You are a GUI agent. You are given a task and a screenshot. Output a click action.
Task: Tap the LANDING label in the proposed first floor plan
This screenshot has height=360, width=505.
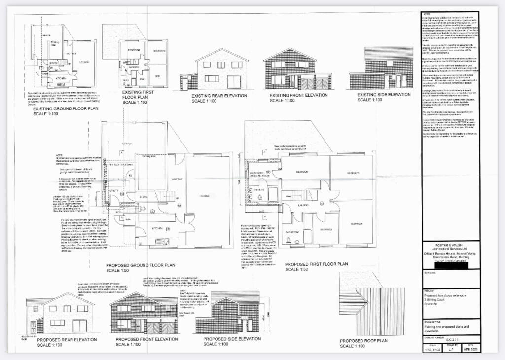point(302,205)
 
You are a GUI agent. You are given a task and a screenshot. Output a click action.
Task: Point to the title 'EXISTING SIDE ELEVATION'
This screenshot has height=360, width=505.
point(384,95)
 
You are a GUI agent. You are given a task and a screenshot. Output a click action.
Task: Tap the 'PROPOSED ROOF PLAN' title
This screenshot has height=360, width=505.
point(363,340)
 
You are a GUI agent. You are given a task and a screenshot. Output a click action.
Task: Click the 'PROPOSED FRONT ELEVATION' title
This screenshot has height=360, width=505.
point(146,339)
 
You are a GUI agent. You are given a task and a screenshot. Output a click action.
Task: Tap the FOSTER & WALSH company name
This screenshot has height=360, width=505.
point(449,249)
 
